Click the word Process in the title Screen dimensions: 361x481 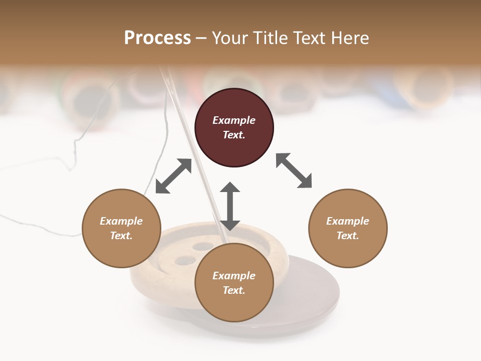[x=157, y=38]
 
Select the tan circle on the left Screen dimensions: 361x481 [x=121, y=228]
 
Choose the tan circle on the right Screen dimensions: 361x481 [x=348, y=228]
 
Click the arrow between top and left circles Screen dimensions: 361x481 [x=173, y=176]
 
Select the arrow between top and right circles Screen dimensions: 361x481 [x=294, y=170]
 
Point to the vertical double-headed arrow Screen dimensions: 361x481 [x=230, y=206]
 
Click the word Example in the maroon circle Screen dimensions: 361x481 [x=234, y=120]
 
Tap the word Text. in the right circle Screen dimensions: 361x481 [x=348, y=236]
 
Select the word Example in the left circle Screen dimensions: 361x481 [x=121, y=221]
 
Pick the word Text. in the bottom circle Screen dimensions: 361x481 [x=234, y=290]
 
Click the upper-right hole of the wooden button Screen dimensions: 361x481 [x=203, y=246]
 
